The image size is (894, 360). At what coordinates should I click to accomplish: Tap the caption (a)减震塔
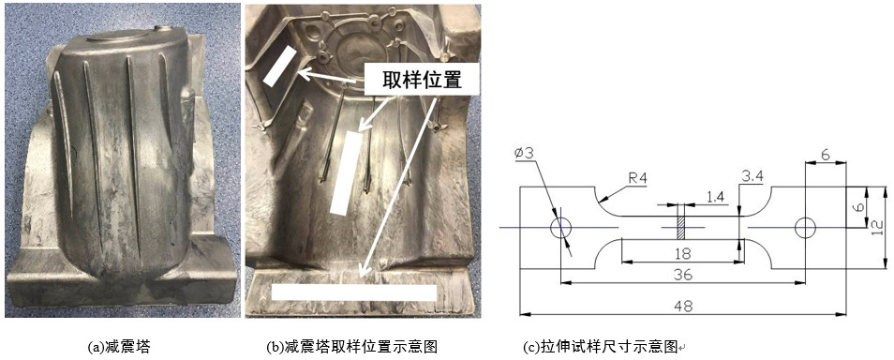coord(119,346)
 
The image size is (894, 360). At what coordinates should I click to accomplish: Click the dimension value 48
coord(683,307)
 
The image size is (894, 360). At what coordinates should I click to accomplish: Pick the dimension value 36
coord(683,275)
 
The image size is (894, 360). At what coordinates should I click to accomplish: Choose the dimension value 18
coord(683,254)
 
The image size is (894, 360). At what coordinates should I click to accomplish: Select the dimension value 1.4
coord(714,197)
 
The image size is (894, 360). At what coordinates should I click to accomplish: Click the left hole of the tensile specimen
coord(560,228)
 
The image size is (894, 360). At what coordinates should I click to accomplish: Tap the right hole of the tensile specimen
coord(805,228)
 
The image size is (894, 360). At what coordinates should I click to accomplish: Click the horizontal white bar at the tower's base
coord(354,292)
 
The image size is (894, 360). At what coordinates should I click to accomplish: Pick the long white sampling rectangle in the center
coord(347,172)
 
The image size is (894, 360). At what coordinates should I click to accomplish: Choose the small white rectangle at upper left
coord(280,66)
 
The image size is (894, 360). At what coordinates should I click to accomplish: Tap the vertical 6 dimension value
coord(859,206)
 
